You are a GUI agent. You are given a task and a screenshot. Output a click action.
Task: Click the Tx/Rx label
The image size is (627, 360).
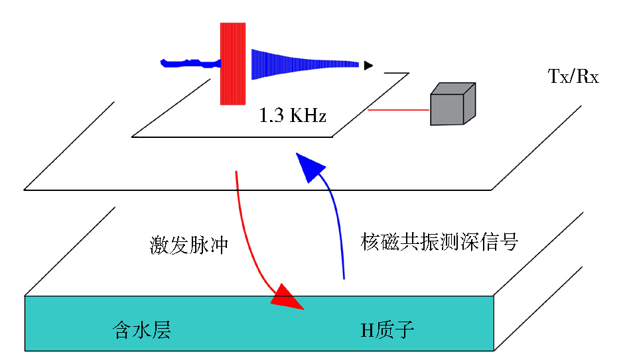(573, 76)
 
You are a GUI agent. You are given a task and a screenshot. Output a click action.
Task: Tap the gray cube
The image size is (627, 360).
(453, 104)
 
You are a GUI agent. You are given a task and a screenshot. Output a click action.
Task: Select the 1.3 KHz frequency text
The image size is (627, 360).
(293, 115)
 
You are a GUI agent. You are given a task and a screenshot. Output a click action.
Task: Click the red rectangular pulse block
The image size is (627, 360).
(233, 64)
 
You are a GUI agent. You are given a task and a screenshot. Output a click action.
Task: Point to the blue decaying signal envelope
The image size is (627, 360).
(305, 64)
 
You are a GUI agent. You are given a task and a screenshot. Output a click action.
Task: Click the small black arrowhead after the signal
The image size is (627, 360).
(368, 66)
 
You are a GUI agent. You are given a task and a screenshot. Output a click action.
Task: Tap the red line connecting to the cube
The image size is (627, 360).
(398, 109)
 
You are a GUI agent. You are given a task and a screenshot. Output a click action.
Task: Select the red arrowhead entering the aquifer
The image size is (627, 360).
(287, 298)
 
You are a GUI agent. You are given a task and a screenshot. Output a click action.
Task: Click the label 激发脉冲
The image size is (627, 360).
(188, 245)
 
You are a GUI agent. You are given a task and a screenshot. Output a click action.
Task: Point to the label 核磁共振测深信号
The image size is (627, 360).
(439, 242)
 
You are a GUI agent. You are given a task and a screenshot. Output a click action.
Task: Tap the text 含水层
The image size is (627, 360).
(142, 330)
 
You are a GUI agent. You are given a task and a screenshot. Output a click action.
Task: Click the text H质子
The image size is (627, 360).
(387, 330)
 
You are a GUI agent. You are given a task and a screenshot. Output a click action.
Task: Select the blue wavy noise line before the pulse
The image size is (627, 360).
(190, 63)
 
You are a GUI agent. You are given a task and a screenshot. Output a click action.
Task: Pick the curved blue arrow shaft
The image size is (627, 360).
(338, 223)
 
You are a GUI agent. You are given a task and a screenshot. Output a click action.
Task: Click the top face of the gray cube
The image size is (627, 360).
(453, 89)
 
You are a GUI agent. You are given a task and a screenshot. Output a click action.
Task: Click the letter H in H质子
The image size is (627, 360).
(367, 331)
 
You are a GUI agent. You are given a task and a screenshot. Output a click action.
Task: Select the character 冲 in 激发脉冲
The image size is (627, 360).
(219, 245)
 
